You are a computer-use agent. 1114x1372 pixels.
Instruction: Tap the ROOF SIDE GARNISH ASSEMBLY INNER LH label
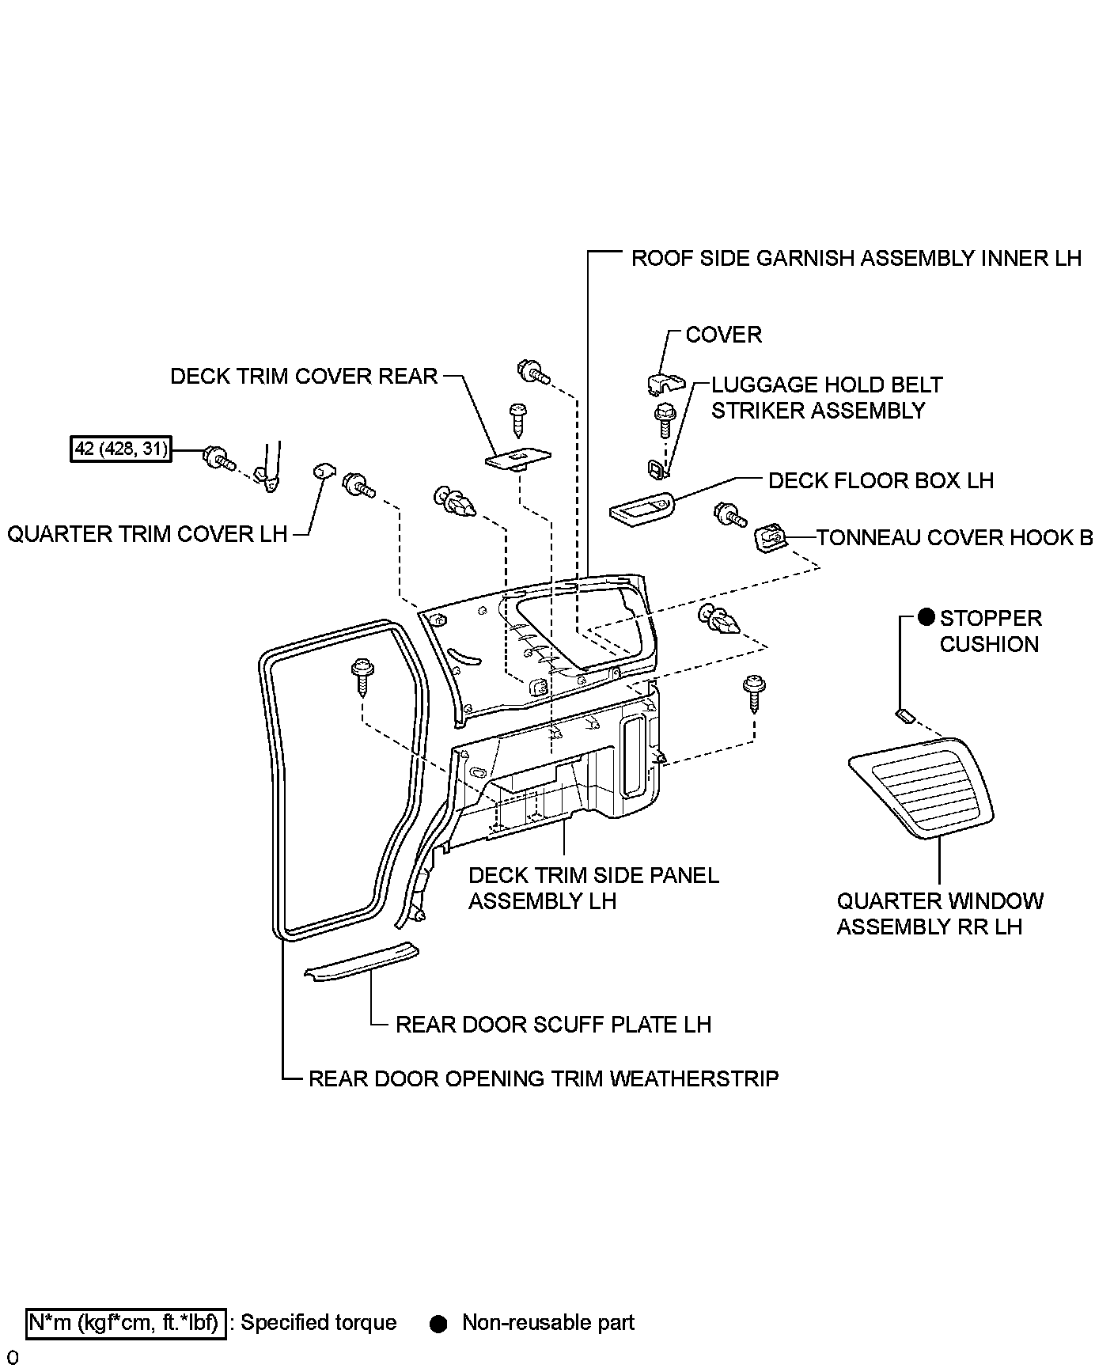click(x=855, y=259)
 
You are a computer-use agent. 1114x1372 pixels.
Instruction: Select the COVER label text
click(x=723, y=335)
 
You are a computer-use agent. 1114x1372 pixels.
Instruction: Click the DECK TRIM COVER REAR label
click(x=304, y=376)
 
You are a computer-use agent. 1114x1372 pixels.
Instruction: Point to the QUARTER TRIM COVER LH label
click(x=147, y=534)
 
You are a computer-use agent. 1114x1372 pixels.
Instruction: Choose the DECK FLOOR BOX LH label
click(x=881, y=480)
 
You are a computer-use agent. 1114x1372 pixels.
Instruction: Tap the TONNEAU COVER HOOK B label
click(x=954, y=538)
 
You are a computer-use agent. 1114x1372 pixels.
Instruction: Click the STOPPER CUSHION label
click(x=989, y=631)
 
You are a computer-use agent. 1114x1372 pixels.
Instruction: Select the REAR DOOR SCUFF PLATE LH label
click(x=553, y=1025)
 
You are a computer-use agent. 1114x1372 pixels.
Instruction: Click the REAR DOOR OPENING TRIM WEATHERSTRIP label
click(x=544, y=1078)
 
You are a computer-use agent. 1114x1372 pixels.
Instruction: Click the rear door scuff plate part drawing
click(x=362, y=960)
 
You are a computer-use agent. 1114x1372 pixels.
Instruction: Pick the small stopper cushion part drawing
click(x=904, y=716)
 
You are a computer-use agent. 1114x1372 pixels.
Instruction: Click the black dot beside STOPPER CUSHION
click(x=926, y=618)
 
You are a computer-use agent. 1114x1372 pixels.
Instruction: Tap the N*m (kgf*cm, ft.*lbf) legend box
click(x=127, y=1323)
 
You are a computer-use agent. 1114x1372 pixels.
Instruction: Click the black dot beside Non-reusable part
click(x=438, y=1324)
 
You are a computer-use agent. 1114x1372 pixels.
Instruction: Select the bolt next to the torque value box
click(x=217, y=457)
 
